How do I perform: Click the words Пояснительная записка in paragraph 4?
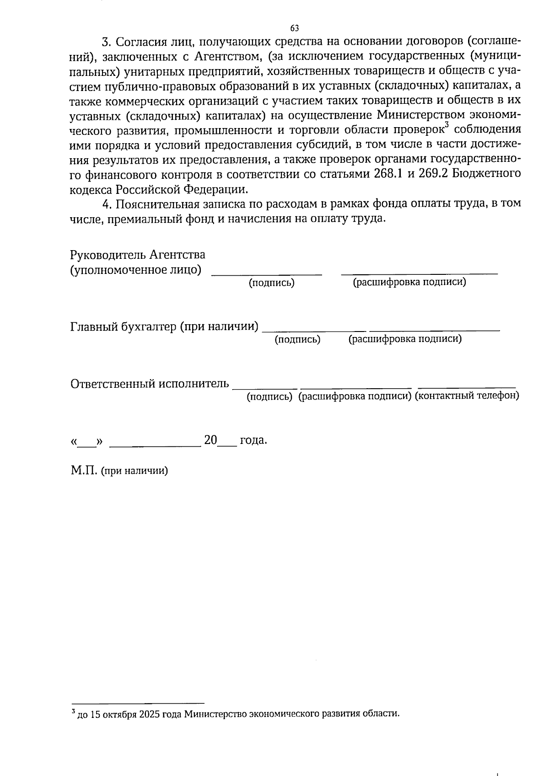tap(182, 203)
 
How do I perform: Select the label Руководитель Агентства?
tap(138, 255)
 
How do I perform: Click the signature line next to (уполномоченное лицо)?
tap(267, 273)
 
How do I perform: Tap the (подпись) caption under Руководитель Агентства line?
tap(271, 283)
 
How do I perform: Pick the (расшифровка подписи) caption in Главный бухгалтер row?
tap(405, 339)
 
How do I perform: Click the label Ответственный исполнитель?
tap(150, 383)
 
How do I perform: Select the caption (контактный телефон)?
tap(467, 396)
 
